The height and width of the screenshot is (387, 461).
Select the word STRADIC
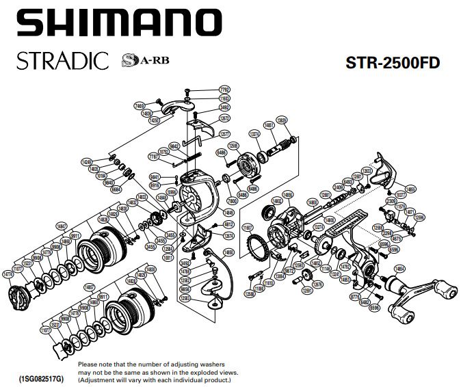[x=60, y=62]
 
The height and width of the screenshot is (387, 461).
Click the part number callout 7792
[x=224, y=90]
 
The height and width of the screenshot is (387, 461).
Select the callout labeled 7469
[x=139, y=106]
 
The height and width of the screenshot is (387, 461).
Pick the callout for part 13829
[x=281, y=121]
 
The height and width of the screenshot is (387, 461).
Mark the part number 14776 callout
[x=9, y=274]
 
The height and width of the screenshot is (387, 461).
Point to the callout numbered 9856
[x=185, y=289]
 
